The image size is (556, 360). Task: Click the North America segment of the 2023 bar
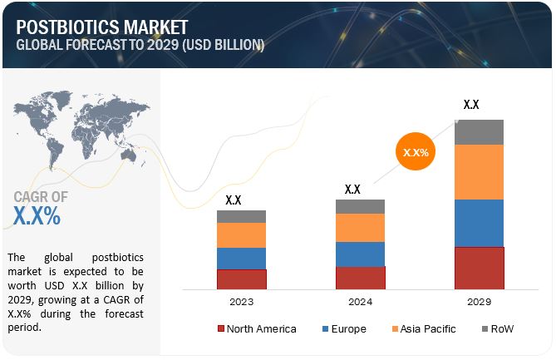[x=241, y=279]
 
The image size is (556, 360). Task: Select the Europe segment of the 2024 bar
[x=360, y=254]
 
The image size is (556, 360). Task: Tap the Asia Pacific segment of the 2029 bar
[x=480, y=172]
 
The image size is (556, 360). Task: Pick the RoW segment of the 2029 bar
[x=480, y=131]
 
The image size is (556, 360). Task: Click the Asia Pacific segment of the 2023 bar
[x=241, y=234]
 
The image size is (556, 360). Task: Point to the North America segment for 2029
[x=480, y=268]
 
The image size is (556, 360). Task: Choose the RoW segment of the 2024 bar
[x=360, y=206]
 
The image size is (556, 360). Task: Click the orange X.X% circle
[x=416, y=153]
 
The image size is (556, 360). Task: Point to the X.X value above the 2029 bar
[x=471, y=105]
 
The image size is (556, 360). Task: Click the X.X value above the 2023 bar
[x=234, y=200]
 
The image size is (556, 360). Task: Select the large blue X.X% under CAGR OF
[x=37, y=216]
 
